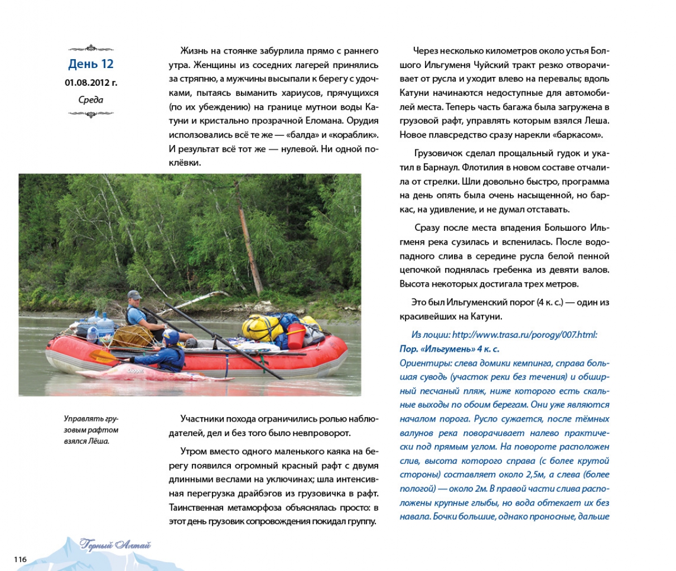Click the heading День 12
[x=90, y=64]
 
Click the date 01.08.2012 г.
[x=90, y=83]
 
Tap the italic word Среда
[x=90, y=100]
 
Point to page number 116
[x=20, y=559]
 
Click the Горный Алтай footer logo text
[x=115, y=545]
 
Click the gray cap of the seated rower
[x=133, y=294]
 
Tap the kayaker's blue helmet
[x=171, y=336]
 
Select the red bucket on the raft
[x=295, y=337]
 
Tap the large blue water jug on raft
[x=105, y=323]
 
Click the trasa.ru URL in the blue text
[x=524, y=335]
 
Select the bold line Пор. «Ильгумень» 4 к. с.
[x=449, y=349]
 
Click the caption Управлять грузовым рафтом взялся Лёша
[x=91, y=430]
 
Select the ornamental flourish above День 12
[x=90, y=49]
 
